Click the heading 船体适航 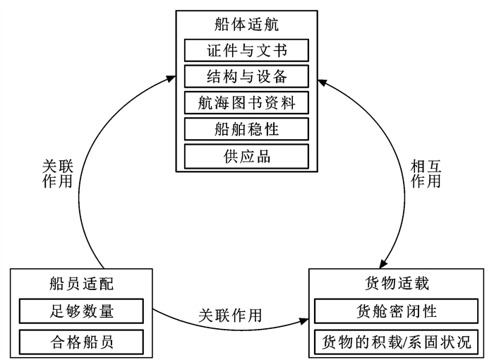[247, 25]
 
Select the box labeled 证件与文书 [247, 50]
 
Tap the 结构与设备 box [247, 76]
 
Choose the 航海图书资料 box [247, 102]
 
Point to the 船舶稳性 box [247, 129]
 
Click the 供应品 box [247, 156]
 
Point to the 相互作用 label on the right [426, 174]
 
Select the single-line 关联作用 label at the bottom [230, 316]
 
